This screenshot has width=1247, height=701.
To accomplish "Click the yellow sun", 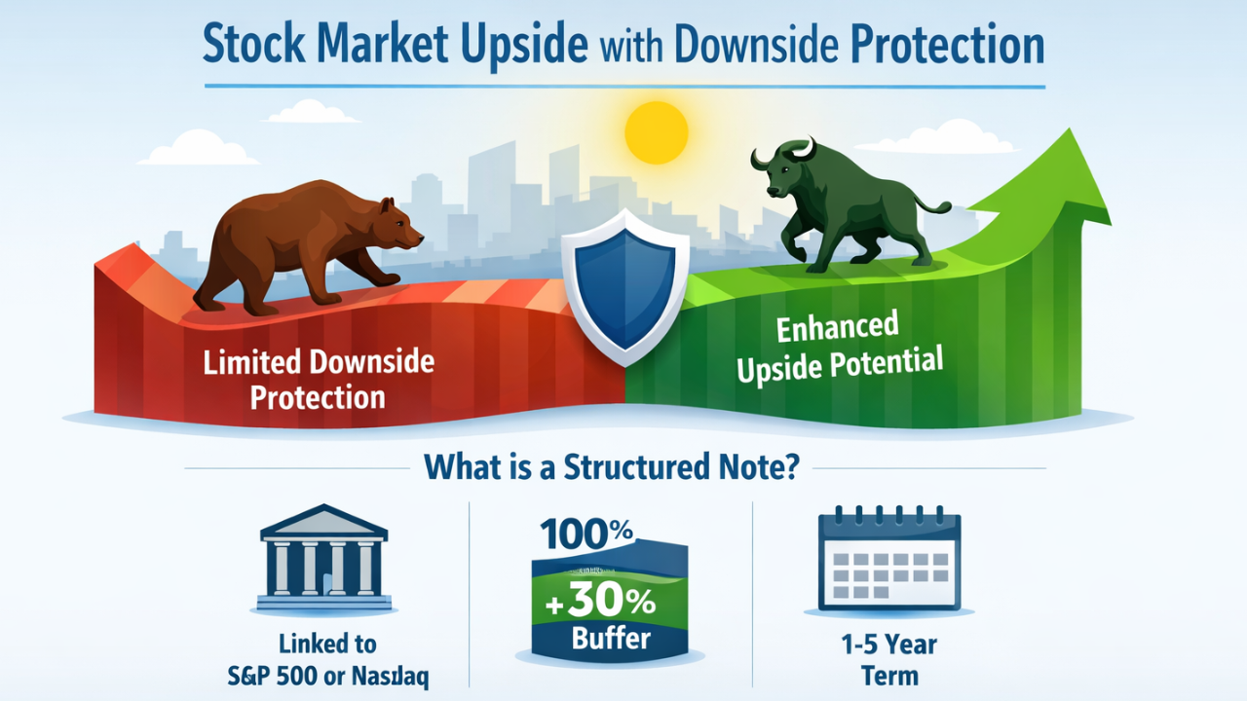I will (x=656, y=133).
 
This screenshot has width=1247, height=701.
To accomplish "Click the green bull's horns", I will (x=779, y=151).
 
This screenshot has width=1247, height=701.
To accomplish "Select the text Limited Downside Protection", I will (x=318, y=380).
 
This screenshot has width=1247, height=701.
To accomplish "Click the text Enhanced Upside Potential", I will (x=839, y=349).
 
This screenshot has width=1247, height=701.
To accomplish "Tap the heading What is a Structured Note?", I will (x=612, y=467).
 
